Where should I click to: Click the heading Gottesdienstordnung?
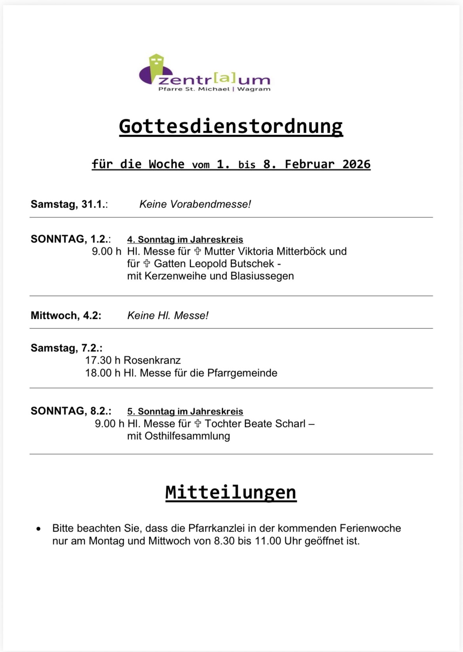(231, 126)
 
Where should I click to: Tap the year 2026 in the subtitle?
(356, 164)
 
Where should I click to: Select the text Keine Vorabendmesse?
(195, 204)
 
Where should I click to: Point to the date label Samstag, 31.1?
(69, 204)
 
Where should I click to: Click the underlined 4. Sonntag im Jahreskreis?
(185, 239)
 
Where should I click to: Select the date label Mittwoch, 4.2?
(66, 316)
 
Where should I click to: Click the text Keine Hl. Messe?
(167, 316)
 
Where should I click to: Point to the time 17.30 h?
(102, 360)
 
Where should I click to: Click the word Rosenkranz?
(152, 360)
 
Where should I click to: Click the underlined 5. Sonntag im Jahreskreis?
(185, 411)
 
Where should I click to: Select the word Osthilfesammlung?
(178, 436)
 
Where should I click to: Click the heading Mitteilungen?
(231, 492)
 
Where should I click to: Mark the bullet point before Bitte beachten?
(38, 529)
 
